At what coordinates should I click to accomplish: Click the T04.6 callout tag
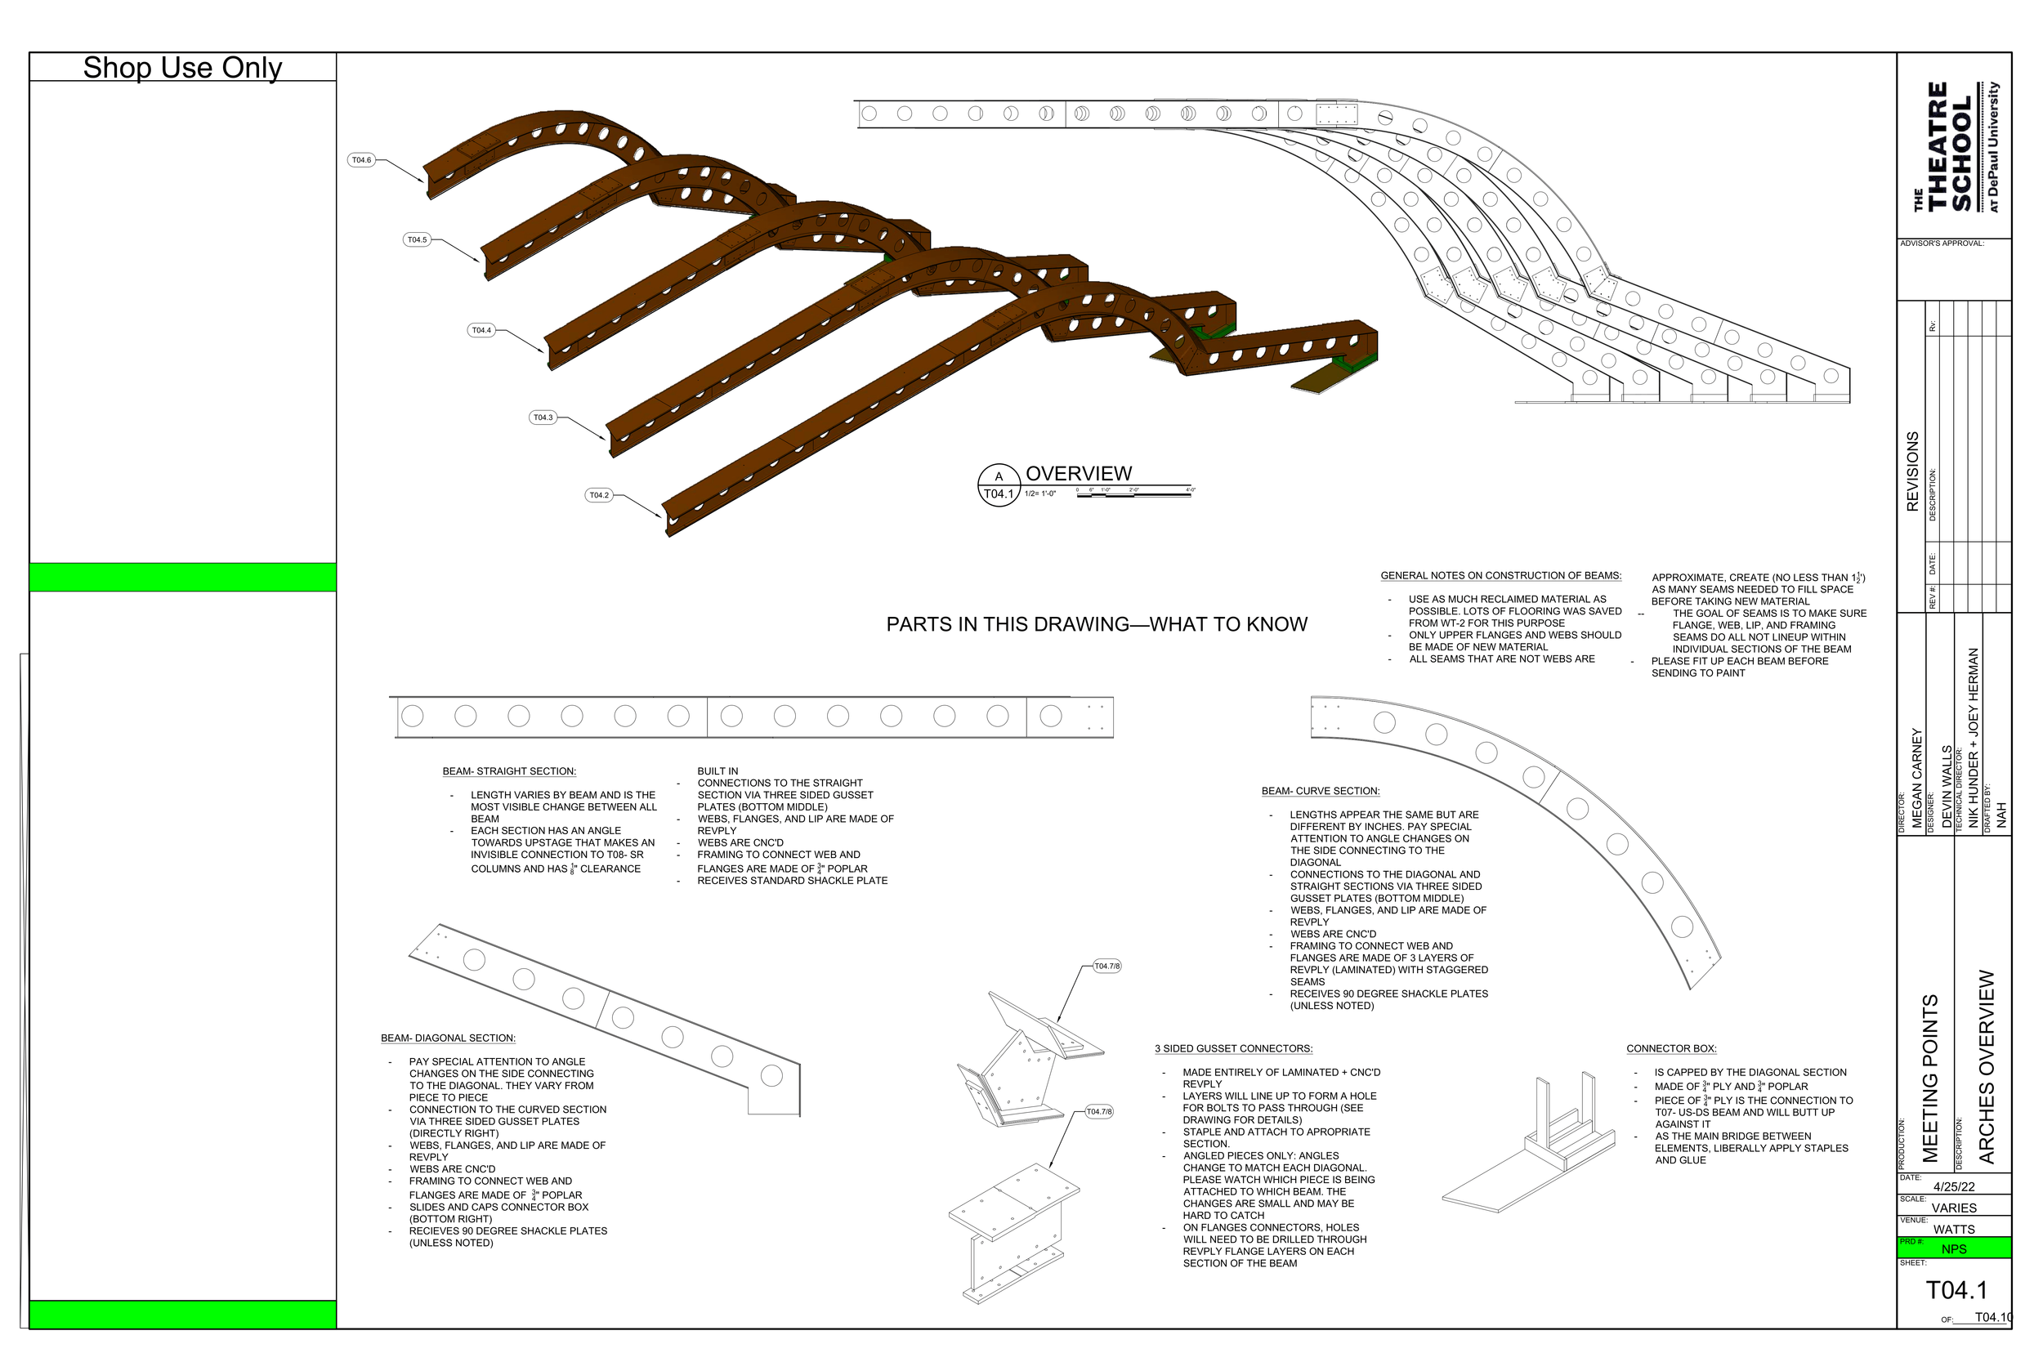[x=361, y=160]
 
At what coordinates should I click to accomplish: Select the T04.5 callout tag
[x=418, y=239]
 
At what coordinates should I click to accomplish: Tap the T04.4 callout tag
[x=481, y=330]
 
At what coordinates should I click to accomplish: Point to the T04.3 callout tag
[x=543, y=418]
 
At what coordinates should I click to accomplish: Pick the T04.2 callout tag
[x=599, y=495]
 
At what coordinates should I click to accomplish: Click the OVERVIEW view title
[x=1079, y=474]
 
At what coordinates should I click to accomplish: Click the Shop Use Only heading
[x=182, y=68]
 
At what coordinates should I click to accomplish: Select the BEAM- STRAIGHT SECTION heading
[x=509, y=771]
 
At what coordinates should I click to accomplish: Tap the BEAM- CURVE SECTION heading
[x=1321, y=792]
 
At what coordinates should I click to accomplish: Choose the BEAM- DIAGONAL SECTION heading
[x=448, y=1038]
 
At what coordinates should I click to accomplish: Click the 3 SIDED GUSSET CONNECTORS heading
[x=1233, y=1048]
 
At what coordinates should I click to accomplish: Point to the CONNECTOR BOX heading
[x=1671, y=1048]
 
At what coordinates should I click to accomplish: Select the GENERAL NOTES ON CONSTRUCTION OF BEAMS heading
[x=1501, y=576]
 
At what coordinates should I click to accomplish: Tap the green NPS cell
[x=1955, y=1249]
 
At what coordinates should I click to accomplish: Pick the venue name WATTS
[x=1955, y=1229]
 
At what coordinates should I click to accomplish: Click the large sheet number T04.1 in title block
[x=1956, y=1291]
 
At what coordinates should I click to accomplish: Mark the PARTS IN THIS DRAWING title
[x=1096, y=624]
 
